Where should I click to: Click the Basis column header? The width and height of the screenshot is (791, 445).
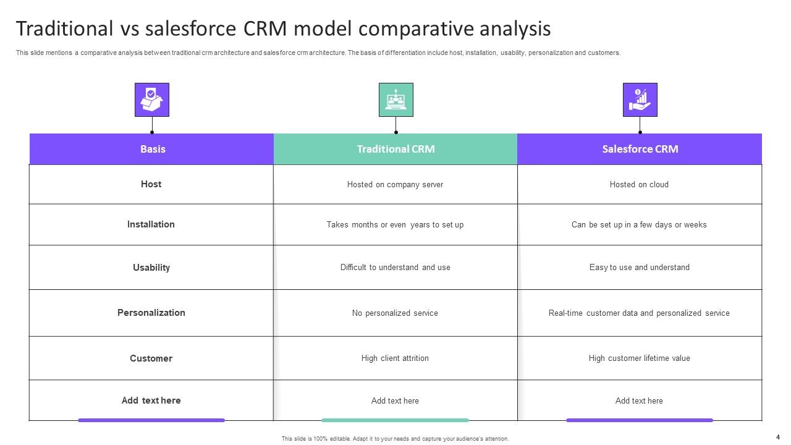click(152, 149)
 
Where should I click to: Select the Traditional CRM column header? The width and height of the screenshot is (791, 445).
click(395, 149)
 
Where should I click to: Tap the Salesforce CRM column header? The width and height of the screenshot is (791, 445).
click(640, 149)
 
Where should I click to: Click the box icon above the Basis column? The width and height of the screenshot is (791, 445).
click(152, 100)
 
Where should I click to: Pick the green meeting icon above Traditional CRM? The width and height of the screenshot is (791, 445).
click(395, 100)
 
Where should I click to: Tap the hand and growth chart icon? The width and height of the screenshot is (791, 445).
click(640, 100)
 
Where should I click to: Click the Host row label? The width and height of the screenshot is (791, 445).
click(151, 184)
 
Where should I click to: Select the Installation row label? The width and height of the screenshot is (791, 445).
click(151, 224)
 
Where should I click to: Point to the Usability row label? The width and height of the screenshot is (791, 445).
click(151, 268)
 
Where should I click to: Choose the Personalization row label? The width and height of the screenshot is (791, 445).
click(151, 313)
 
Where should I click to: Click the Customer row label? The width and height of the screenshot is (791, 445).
click(151, 358)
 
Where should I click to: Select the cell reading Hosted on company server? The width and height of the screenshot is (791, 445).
click(395, 185)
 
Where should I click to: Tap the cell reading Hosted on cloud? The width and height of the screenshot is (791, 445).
click(639, 185)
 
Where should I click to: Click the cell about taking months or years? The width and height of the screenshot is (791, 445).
click(395, 225)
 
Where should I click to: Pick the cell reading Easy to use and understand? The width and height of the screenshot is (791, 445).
click(639, 268)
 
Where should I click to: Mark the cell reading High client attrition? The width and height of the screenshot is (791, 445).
click(395, 358)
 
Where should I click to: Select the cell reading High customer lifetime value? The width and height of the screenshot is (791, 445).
click(639, 358)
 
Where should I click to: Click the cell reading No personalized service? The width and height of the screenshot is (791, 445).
click(395, 313)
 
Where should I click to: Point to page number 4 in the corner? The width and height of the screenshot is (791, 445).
click(777, 437)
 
